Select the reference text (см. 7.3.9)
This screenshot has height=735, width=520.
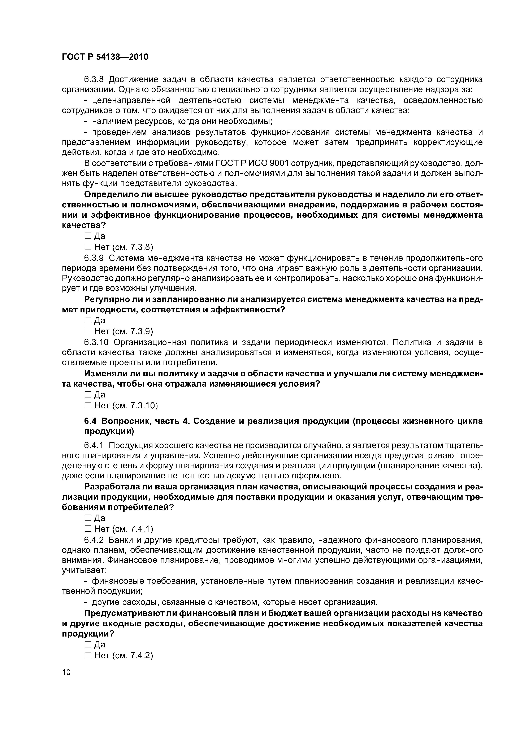[133, 331]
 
